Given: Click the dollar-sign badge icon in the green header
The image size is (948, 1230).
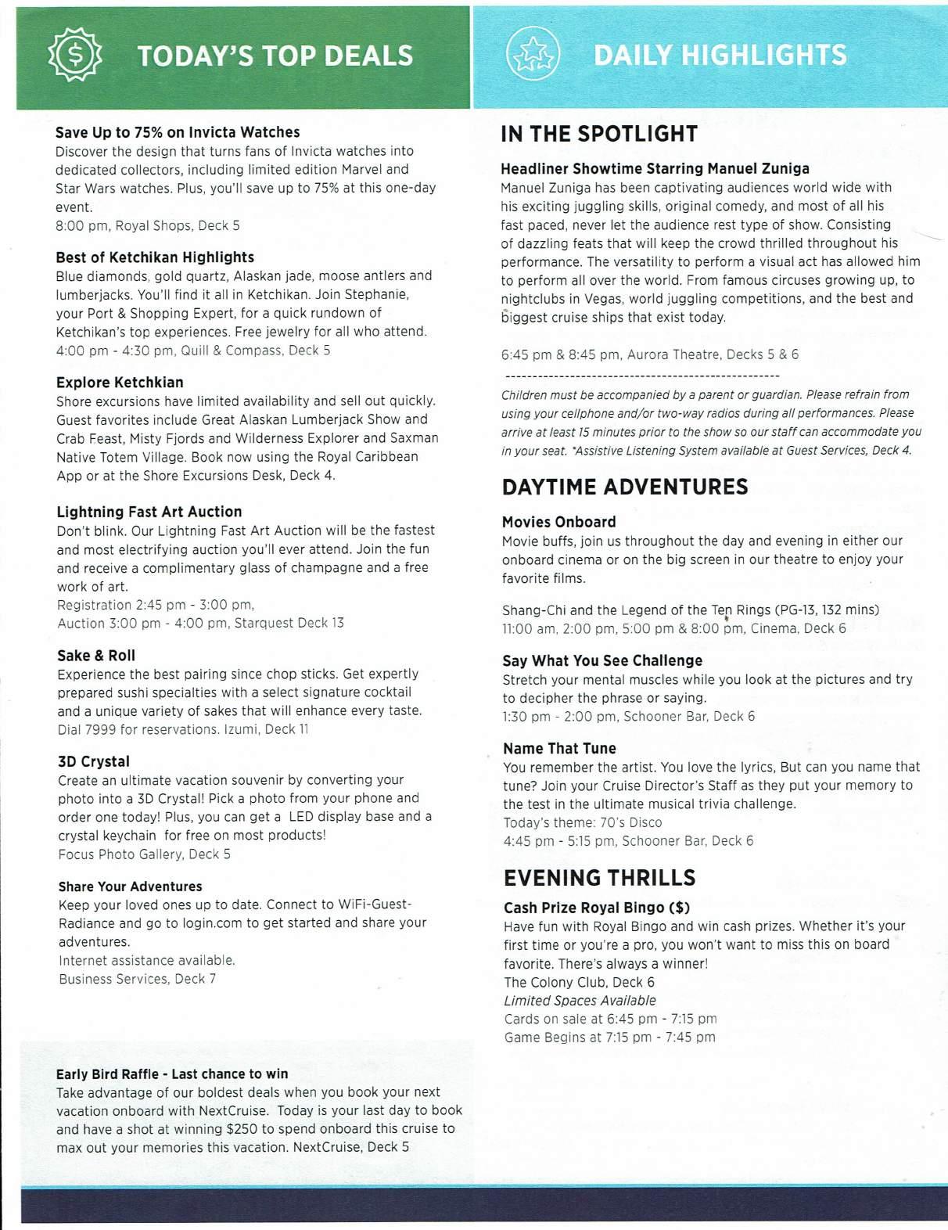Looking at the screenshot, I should pos(75,56).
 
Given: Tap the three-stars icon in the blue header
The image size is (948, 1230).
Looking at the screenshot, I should pos(533,55).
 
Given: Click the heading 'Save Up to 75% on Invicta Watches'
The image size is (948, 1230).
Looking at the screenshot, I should pos(178,132).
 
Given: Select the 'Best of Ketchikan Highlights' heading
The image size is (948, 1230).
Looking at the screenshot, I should pos(155,257).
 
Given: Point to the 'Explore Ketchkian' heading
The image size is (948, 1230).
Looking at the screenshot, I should pos(120,383).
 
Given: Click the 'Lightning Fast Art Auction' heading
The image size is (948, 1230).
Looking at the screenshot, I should pos(149,512).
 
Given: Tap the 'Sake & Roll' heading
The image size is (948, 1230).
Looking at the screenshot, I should pos(96,656).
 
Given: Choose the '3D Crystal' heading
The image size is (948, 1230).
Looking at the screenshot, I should pos(94,761).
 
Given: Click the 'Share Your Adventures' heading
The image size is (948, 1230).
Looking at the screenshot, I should pos(130,887).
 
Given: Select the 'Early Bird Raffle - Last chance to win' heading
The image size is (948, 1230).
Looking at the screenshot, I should pos(172,1074).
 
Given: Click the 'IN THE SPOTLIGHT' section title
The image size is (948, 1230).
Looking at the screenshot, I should pos(599,134).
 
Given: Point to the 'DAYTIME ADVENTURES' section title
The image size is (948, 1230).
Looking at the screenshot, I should pos(625,487).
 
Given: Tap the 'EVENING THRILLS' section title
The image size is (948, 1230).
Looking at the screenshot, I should pos(600,877).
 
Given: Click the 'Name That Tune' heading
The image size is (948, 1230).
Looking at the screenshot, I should pos(559,749).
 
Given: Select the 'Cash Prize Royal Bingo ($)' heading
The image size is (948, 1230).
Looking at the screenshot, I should pos(597,908).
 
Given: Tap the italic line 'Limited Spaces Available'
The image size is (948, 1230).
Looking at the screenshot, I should pos(580,1001).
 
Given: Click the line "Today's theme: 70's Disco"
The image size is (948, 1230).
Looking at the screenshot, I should pos(583,822).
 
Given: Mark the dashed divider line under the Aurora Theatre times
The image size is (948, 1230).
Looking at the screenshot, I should pos(641,376).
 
